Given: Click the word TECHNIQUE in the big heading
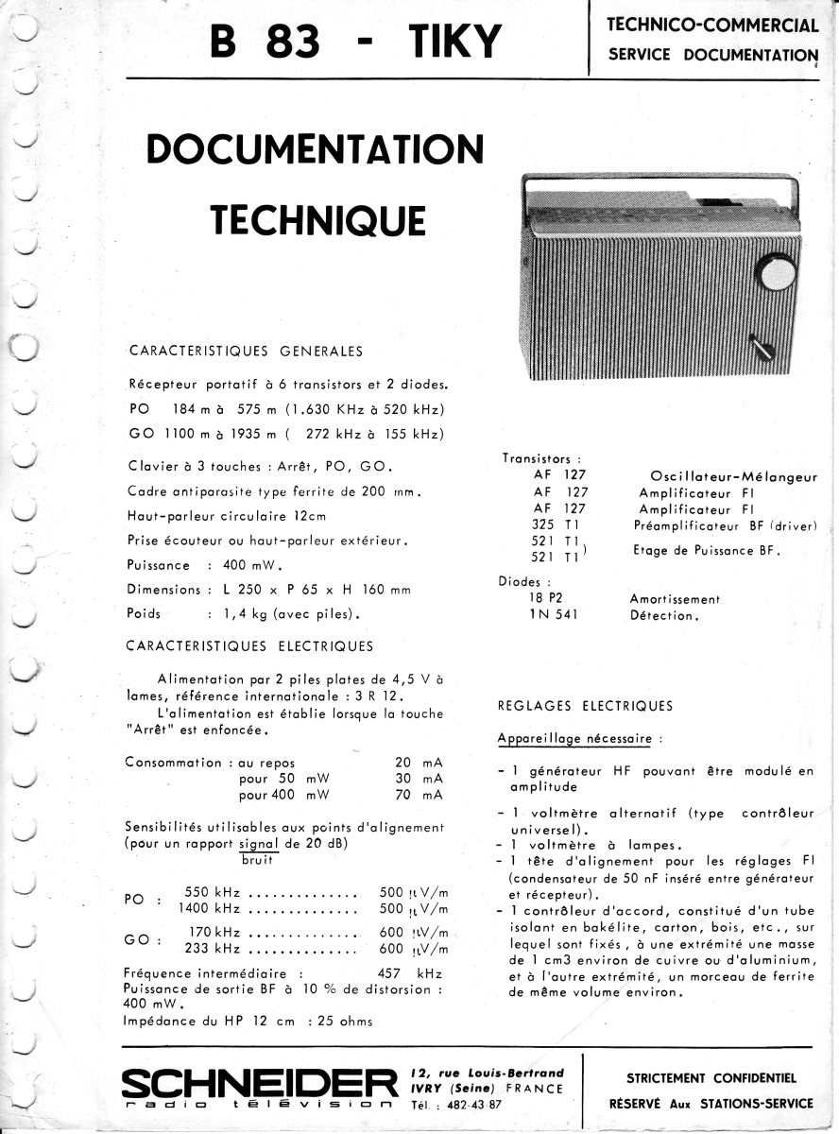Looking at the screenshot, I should tap(317, 218).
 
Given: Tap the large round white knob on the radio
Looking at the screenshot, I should tap(776, 272).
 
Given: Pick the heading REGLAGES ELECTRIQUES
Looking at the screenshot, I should tap(585, 706).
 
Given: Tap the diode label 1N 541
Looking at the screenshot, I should tap(554, 615).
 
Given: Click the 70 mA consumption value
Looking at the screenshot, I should tap(419, 796).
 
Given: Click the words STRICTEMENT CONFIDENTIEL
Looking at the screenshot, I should tap(711, 1077).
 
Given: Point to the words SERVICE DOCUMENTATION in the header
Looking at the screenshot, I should tap(712, 55).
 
